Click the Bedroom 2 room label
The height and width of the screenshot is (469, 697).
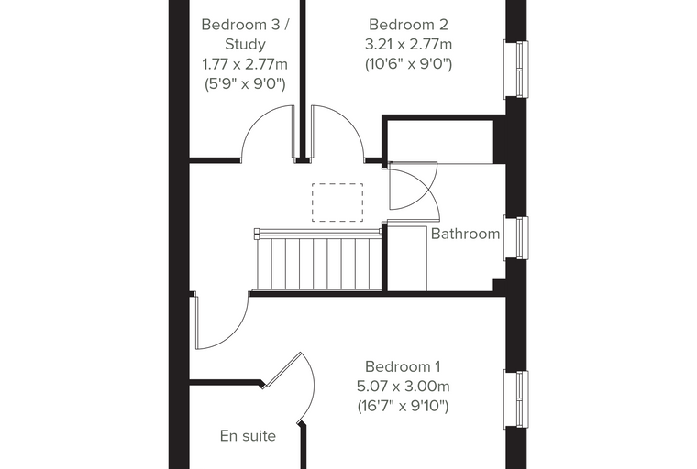click(408, 25)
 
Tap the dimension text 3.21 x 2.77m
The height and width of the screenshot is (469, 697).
click(408, 44)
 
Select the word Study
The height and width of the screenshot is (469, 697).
click(245, 44)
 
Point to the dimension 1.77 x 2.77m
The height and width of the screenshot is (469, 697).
click(245, 64)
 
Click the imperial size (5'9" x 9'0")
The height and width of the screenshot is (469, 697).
click(245, 83)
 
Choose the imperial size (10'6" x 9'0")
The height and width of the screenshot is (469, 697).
click(408, 64)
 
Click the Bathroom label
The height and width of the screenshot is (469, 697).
click(465, 234)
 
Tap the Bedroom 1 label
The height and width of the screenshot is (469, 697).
click(403, 366)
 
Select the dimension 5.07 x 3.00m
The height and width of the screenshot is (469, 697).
click(404, 387)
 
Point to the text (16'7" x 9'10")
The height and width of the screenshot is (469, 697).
click(404, 406)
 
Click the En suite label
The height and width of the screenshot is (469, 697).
click(248, 436)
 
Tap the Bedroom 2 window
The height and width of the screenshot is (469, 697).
click(516, 70)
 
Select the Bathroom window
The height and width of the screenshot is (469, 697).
click(516, 238)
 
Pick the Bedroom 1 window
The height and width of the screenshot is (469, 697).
click(516, 399)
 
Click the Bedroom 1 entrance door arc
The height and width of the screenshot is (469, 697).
click(235, 334)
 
